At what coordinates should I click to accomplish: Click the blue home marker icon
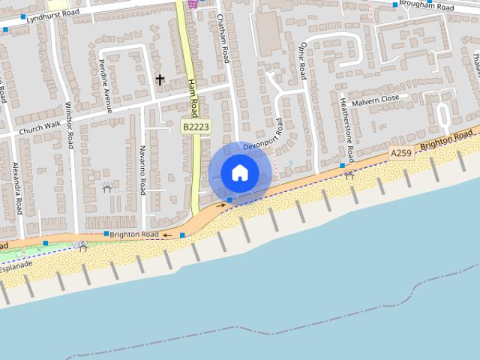pyautogui.click(x=239, y=172)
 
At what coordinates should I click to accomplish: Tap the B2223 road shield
pyautogui.click(x=195, y=128)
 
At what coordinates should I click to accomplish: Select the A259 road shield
pyautogui.click(x=401, y=153)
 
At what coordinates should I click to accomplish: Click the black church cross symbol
pyautogui.click(x=160, y=79)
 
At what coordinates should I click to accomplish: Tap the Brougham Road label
pyautogui.click(x=427, y=7)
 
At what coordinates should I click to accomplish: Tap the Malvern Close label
pyautogui.click(x=375, y=100)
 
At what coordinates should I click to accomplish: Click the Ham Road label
pyautogui.click(x=192, y=97)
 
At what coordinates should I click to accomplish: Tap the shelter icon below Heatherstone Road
pyautogui.click(x=349, y=175)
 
